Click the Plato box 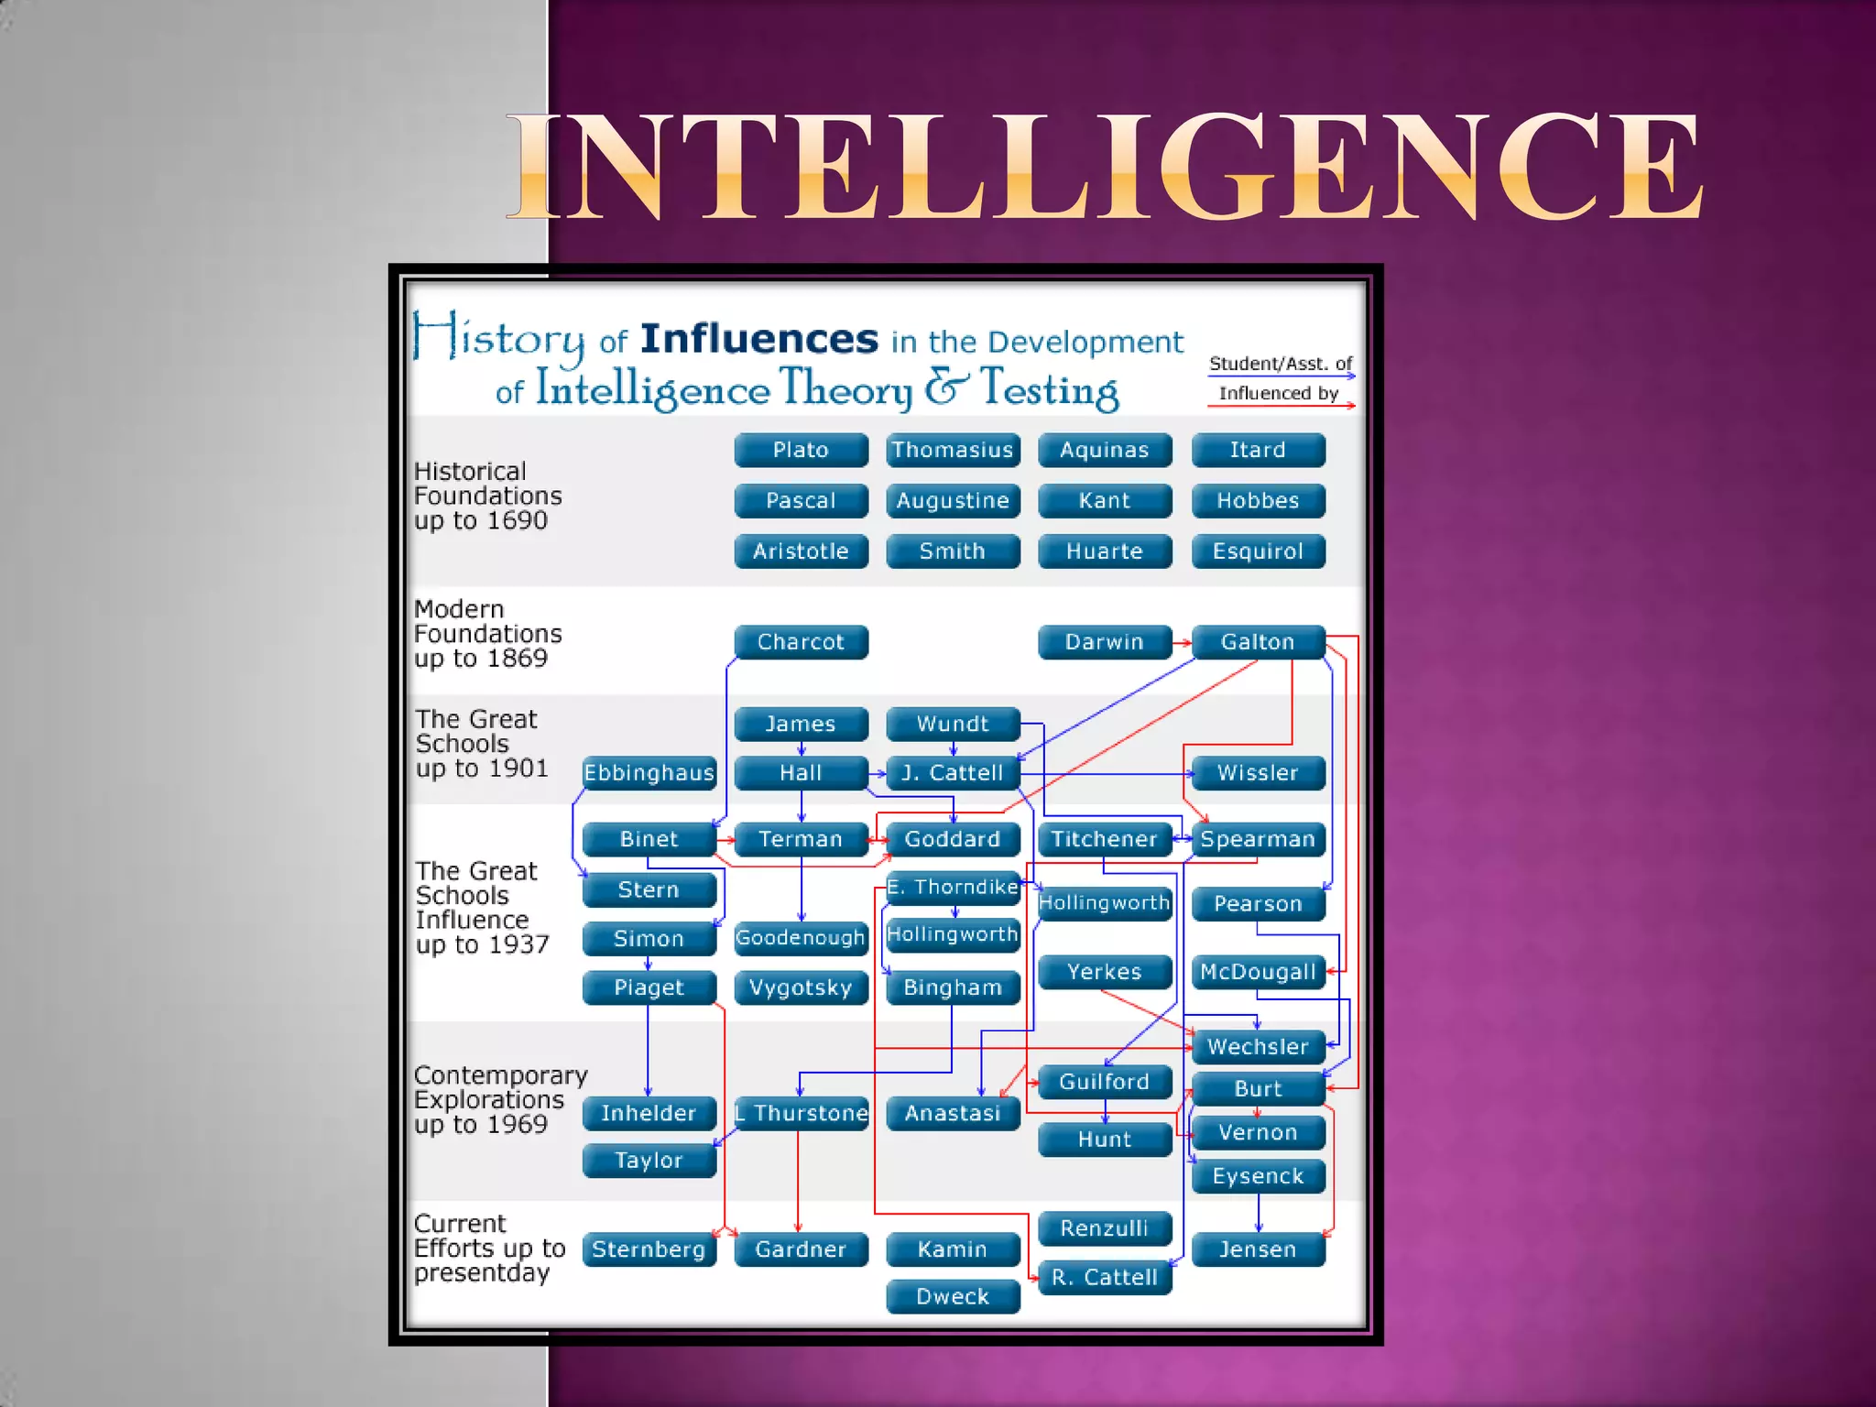(801, 450)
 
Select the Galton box (1258, 642)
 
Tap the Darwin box (1104, 642)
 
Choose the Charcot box (801, 642)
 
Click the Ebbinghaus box (649, 773)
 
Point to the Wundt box (953, 724)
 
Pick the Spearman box (1258, 839)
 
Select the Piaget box (649, 987)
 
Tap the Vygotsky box (801, 987)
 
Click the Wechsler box (1258, 1047)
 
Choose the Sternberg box (649, 1249)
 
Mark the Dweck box (953, 1296)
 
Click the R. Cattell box (1104, 1277)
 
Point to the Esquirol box (1258, 551)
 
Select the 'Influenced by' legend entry (1279, 394)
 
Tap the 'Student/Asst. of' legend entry (1280, 364)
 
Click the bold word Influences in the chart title (759, 339)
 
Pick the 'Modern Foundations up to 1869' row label (487, 634)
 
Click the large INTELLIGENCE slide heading (1104, 167)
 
